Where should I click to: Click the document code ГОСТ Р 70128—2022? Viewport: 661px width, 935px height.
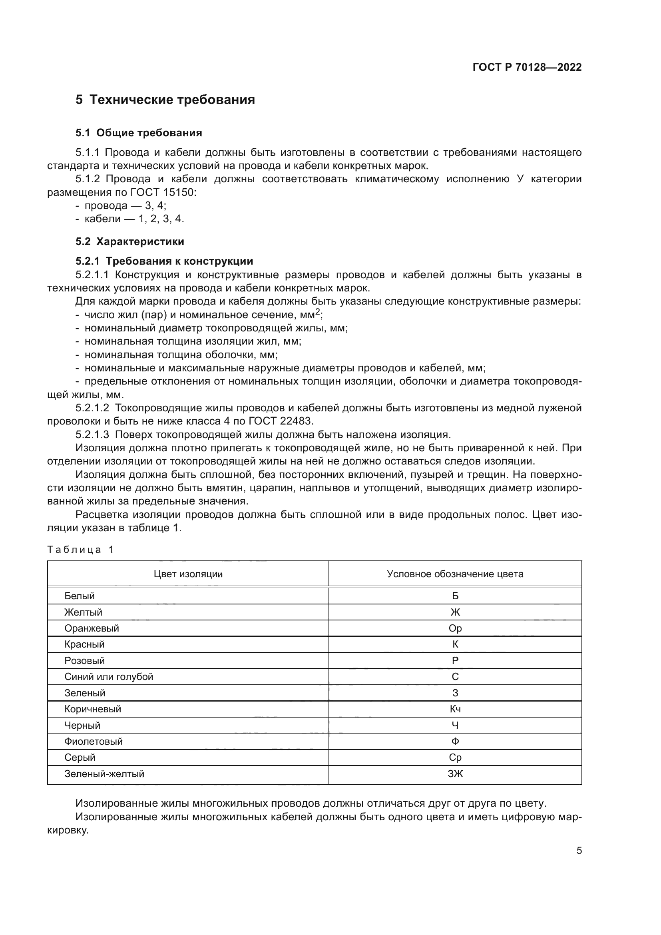coord(527,67)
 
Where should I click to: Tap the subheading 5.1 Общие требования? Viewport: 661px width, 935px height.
coord(138,133)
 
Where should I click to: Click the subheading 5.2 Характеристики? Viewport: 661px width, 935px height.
coord(129,241)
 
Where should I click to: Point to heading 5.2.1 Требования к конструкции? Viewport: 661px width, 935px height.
coord(164,261)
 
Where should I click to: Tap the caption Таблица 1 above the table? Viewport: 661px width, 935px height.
coord(80,549)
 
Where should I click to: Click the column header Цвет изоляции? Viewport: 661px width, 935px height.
coord(188,574)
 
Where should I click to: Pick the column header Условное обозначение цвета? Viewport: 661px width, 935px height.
coord(455,574)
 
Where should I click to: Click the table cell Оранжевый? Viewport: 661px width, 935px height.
coord(92,628)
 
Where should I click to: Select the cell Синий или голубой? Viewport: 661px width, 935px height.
coord(109,676)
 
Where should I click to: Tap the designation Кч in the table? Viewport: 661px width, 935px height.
coord(455,709)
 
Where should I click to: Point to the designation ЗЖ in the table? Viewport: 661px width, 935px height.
coord(455,774)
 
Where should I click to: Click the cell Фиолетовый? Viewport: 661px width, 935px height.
coord(93,741)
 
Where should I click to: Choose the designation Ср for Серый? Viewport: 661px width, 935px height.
coord(455,758)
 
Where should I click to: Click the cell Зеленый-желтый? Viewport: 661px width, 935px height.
coord(104,774)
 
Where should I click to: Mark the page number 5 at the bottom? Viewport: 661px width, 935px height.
coord(579,851)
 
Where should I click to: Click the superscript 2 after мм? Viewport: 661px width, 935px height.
coord(318,312)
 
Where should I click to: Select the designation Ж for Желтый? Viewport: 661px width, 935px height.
coord(455,612)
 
